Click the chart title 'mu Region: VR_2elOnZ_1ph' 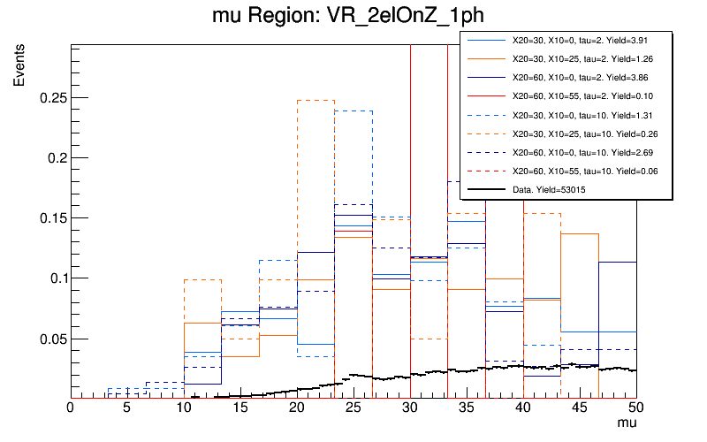click(353, 18)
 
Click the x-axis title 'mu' click(626, 424)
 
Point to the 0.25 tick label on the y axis click(53, 97)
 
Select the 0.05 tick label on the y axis click(53, 339)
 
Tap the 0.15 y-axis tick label click(53, 218)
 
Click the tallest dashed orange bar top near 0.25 click(315, 100)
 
